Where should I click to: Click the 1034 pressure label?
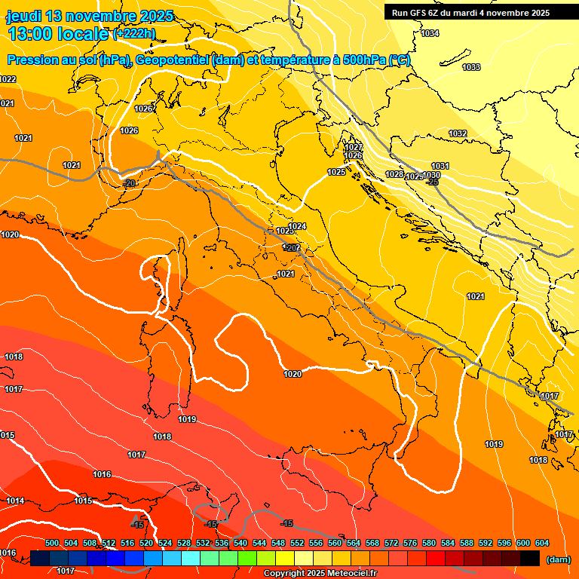point(430,34)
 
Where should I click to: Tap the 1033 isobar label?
point(471,68)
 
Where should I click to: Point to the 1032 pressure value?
point(458,133)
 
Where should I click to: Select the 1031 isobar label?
point(440,166)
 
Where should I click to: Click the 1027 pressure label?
point(354,147)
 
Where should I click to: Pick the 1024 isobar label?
point(298,226)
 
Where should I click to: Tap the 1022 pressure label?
point(8,79)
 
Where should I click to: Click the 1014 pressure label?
point(15,501)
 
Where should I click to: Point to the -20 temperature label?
point(130,183)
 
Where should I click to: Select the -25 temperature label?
point(433,182)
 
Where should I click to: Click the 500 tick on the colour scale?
point(52,543)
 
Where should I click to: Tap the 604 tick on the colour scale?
point(541,543)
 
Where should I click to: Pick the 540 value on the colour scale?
point(240,543)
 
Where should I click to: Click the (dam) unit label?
point(557,559)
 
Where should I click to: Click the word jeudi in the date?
point(24,16)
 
